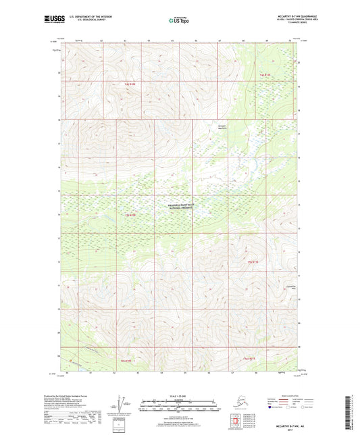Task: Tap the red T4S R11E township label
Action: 265,74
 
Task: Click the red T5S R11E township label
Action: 253,261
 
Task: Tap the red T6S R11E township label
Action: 249,358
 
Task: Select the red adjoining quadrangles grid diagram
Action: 234,424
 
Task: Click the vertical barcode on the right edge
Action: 353,412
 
